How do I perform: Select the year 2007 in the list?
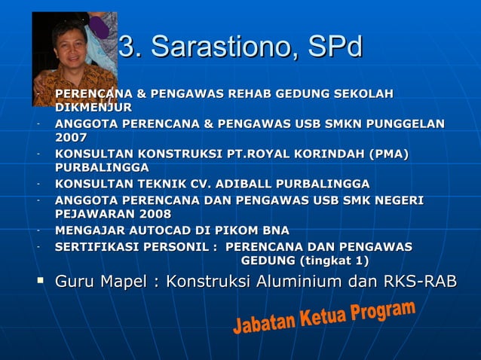tap(71, 138)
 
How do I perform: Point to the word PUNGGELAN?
tap(408, 124)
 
